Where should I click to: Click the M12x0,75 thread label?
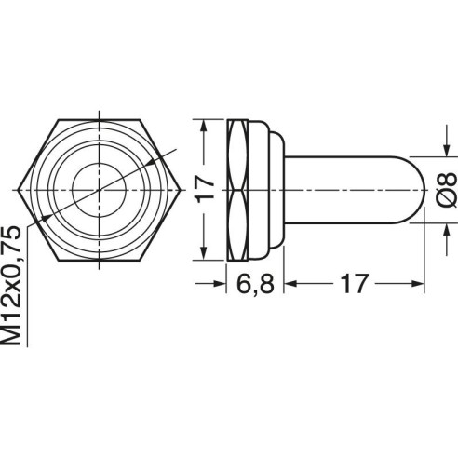[x=11, y=286]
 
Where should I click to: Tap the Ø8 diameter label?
[x=446, y=190]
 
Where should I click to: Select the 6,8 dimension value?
[x=255, y=284]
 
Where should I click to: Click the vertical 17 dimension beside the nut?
[x=205, y=190]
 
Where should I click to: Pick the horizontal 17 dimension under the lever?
[x=354, y=284]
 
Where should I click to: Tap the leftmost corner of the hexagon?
[x=18, y=190]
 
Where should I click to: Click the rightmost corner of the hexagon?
[x=181, y=190]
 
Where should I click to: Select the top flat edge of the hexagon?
[x=100, y=119]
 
